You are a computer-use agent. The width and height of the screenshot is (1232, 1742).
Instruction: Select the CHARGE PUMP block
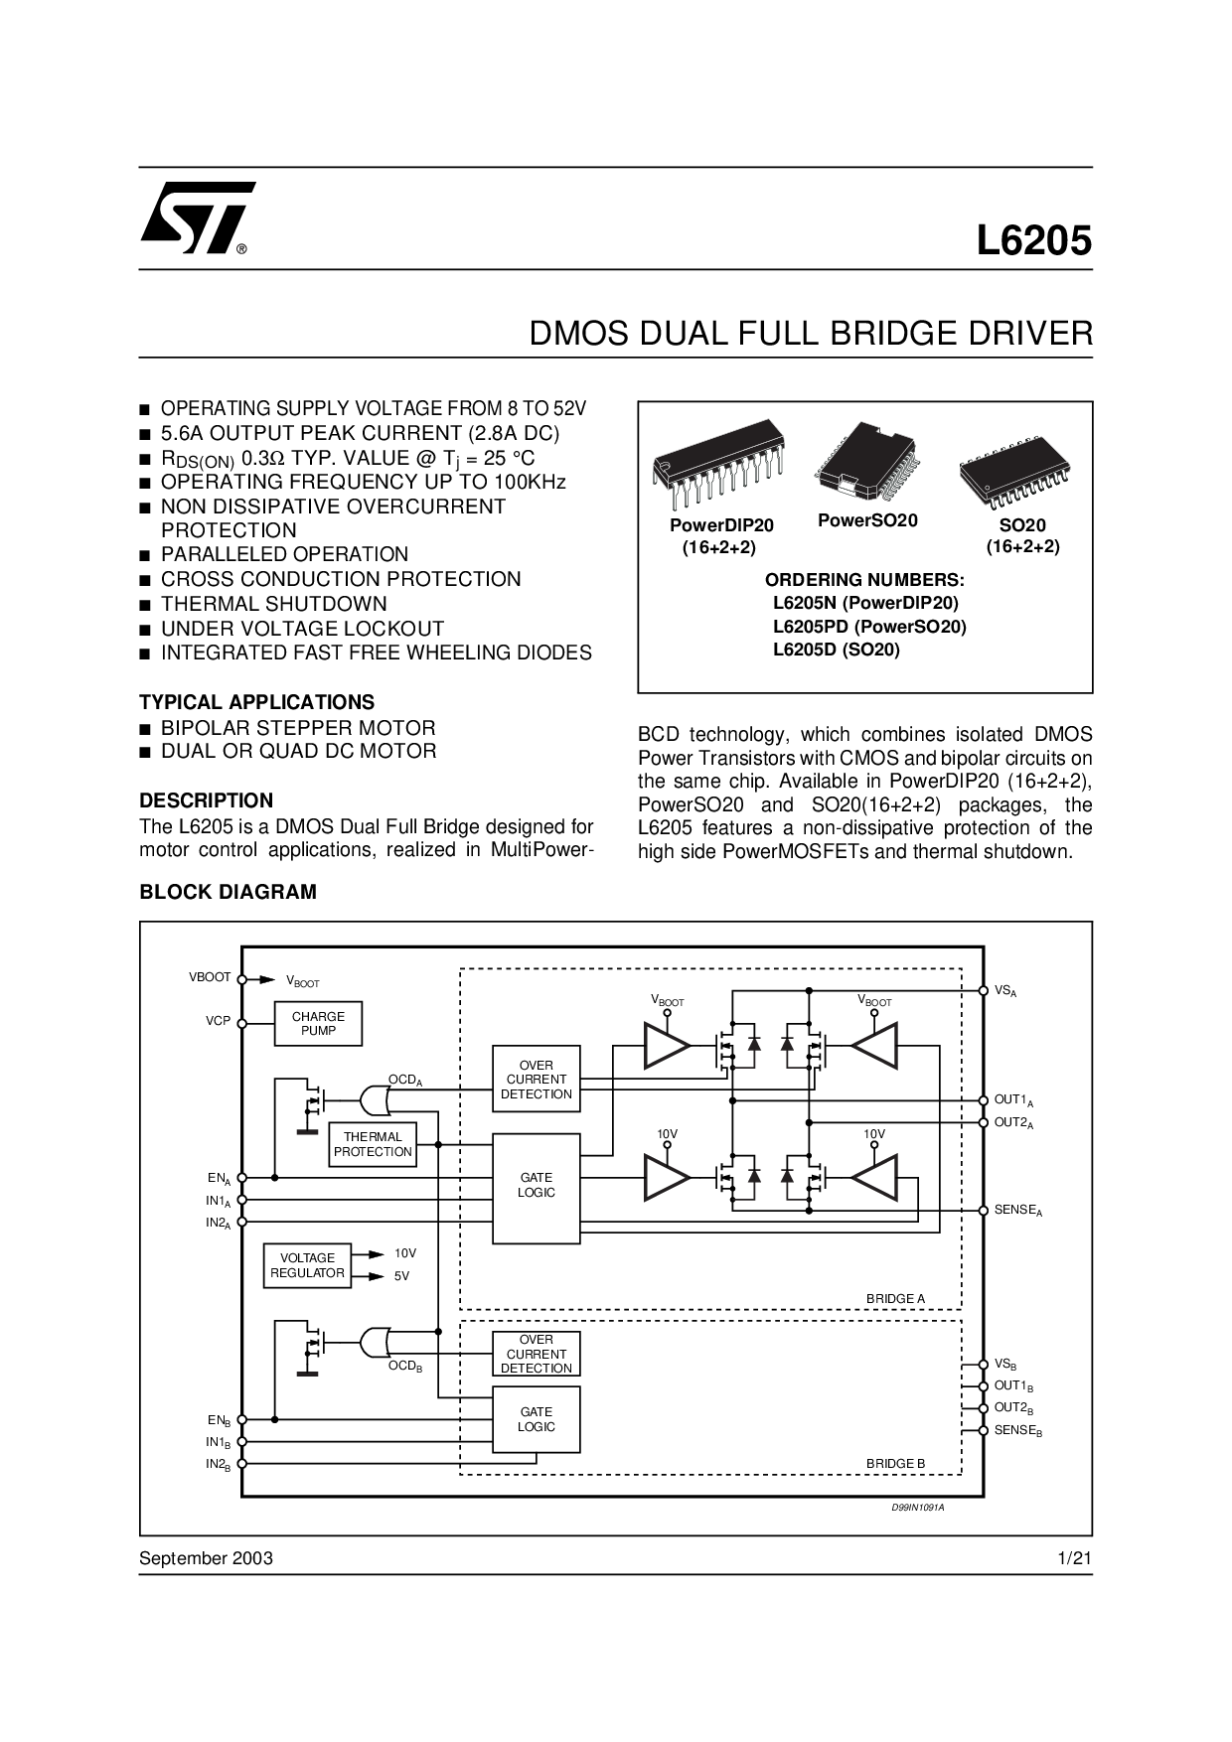point(318,1024)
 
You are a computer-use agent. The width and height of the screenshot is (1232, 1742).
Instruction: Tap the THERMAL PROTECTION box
point(373,1144)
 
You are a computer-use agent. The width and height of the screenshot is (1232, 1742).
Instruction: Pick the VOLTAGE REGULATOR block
point(307,1265)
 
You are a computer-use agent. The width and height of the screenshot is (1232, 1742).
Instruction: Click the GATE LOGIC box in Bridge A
point(537,1188)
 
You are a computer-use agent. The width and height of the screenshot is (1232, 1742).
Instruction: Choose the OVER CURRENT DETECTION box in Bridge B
point(537,1354)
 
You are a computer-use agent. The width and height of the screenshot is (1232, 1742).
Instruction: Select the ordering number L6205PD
point(869,627)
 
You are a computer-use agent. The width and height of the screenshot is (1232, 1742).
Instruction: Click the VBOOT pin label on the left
point(210,977)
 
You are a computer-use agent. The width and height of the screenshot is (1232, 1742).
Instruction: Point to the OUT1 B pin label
point(1014,1385)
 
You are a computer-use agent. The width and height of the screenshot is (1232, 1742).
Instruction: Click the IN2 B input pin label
point(219,1465)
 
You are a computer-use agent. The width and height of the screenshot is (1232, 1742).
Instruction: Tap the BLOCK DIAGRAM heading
point(228,892)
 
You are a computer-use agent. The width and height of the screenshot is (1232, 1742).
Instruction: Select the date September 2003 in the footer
point(206,1558)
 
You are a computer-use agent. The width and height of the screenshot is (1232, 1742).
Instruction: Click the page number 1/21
point(1075,1558)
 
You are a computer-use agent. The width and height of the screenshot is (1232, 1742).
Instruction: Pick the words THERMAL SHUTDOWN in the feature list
point(274,604)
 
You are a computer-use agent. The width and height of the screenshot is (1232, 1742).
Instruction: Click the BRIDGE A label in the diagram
point(895,1298)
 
